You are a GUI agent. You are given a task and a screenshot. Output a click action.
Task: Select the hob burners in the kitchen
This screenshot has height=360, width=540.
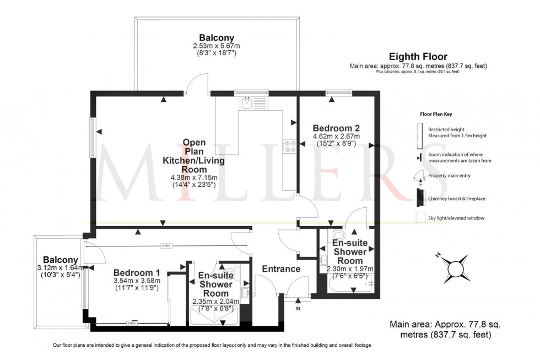click(290, 146)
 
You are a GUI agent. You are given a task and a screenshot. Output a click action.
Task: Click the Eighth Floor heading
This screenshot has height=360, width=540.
click(418, 56)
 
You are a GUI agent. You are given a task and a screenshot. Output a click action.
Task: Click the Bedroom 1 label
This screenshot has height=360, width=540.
click(137, 272)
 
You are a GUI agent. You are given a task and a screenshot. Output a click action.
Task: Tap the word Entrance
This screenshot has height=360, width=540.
click(281, 269)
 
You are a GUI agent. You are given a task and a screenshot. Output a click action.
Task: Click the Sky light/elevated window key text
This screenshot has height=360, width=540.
click(456, 218)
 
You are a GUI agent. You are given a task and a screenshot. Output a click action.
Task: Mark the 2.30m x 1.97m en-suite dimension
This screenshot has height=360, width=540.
click(350, 269)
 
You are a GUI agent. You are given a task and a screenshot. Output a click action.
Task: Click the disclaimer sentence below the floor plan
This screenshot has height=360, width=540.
click(212, 345)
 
